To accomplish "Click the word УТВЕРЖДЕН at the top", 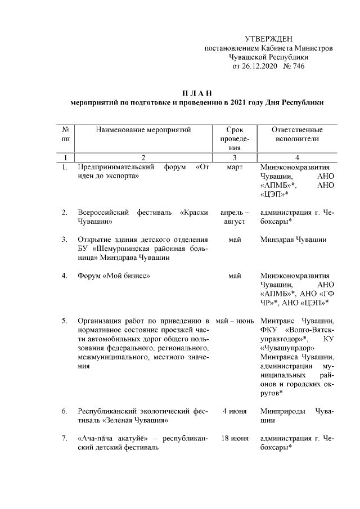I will (268, 39).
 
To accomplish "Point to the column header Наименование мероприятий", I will (143, 130).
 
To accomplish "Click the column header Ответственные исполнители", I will (298, 134).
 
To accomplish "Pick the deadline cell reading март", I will (235, 168).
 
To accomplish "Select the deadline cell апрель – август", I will (235, 217).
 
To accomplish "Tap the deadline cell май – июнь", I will (235, 321).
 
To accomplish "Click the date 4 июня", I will (235, 411).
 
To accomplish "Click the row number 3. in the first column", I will (65, 240).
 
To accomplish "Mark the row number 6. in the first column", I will (65, 411).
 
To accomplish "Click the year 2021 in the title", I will (244, 103).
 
